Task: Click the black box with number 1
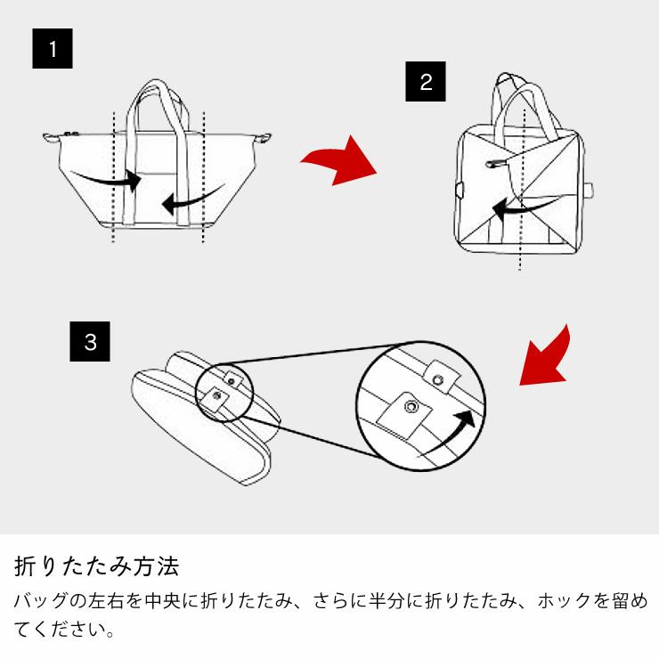(x=53, y=49)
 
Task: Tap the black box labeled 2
(x=426, y=82)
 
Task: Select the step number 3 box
(x=90, y=342)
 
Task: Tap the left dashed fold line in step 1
(x=113, y=178)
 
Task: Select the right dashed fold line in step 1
(x=205, y=178)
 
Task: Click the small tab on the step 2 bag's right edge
(x=589, y=190)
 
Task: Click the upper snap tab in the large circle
(x=440, y=378)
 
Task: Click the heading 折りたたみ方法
(x=97, y=565)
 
